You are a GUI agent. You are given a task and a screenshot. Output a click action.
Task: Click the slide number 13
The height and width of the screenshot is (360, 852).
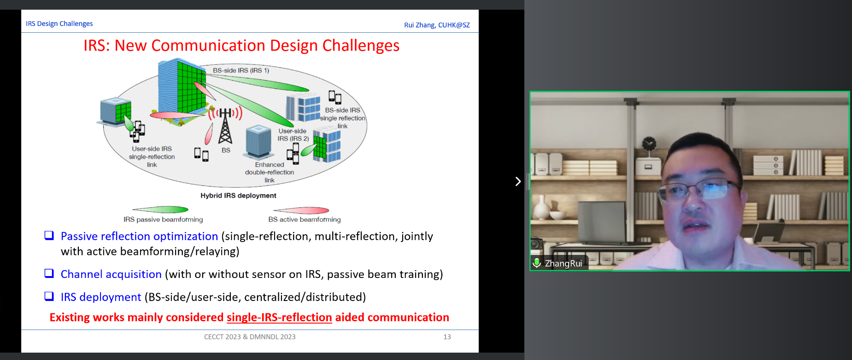pyautogui.click(x=447, y=337)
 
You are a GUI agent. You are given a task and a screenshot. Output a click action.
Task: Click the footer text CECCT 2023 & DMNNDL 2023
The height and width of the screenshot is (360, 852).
pyautogui.click(x=250, y=337)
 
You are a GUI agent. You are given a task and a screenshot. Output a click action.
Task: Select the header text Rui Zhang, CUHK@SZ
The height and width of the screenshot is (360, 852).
pyautogui.click(x=437, y=25)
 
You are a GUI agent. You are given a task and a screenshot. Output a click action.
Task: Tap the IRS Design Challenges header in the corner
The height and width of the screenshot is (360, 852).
pyautogui.click(x=59, y=24)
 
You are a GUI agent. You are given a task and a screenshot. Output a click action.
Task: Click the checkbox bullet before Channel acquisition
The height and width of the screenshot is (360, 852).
pyautogui.click(x=49, y=273)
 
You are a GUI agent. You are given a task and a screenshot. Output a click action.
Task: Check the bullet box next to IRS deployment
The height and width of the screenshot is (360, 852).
pyautogui.click(x=49, y=296)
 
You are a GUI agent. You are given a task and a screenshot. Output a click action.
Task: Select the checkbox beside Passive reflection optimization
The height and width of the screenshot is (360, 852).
pyautogui.click(x=49, y=236)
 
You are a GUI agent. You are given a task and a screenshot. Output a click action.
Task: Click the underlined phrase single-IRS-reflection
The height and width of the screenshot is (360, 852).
pyautogui.click(x=279, y=318)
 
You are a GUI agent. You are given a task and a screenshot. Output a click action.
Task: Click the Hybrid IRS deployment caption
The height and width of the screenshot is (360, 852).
pyautogui.click(x=238, y=195)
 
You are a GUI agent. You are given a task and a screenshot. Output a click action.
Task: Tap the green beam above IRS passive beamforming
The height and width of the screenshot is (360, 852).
pyautogui.click(x=160, y=210)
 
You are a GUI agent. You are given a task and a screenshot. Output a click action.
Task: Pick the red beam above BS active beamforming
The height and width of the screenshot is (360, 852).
pyautogui.click(x=301, y=211)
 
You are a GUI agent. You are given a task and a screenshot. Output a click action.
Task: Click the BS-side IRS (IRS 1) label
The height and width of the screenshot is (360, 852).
pyautogui.click(x=241, y=71)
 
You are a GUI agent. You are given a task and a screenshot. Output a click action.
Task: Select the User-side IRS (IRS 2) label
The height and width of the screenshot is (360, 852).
pyautogui.click(x=293, y=135)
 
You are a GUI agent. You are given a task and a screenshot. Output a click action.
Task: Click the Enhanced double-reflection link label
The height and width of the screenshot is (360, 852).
pyautogui.click(x=270, y=172)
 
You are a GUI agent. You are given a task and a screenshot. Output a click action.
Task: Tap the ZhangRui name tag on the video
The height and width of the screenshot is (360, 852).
pyautogui.click(x=563, y=263)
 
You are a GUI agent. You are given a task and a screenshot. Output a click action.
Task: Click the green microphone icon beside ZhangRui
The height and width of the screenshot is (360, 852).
pyautogui.click(x=537, y=263)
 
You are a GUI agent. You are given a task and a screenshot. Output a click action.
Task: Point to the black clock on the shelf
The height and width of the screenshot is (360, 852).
pyautogui.click(x=649, y=144)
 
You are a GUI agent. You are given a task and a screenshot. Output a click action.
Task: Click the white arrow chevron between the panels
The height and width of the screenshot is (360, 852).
pyautogui.click(x=518, y=181)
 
